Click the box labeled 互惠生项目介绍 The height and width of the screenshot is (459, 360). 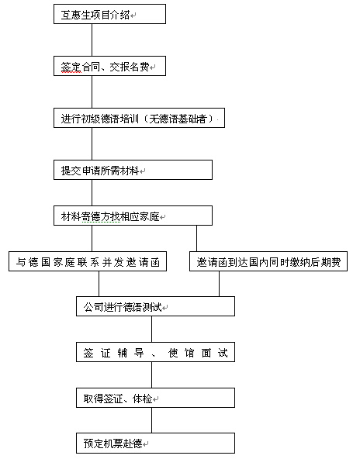pos(109,14)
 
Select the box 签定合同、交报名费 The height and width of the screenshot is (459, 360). pos(109,66)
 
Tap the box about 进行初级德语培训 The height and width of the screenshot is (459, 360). pos(139,118)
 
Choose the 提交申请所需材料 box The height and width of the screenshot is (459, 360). pos(133,170)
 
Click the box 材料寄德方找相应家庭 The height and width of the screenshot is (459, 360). pos(133,216)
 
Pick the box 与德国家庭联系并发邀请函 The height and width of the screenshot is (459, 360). pos(88,261)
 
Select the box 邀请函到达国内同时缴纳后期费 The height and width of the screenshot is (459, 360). pos(268,261)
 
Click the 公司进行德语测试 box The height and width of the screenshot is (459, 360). pos(155,306)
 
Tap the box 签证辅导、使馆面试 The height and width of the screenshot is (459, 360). pos(155,352)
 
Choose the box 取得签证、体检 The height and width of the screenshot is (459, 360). pos(155,398)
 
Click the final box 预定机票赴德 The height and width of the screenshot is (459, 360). pos(155,443)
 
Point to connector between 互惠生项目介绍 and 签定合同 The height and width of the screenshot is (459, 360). pos(92,40)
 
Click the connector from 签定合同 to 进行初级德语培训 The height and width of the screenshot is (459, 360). pos(92,92)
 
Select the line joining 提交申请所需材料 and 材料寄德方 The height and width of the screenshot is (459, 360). pos(92,192)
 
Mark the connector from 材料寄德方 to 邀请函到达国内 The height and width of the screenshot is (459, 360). pos(196,238)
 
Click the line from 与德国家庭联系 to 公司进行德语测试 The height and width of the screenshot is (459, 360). pos(99,284)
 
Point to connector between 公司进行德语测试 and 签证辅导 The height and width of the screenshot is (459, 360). pos(152,329)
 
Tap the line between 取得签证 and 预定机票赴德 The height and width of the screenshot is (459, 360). pos(152,420)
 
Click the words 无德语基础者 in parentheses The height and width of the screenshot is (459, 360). pos(178,119)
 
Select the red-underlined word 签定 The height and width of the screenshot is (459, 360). pos(71,67)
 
